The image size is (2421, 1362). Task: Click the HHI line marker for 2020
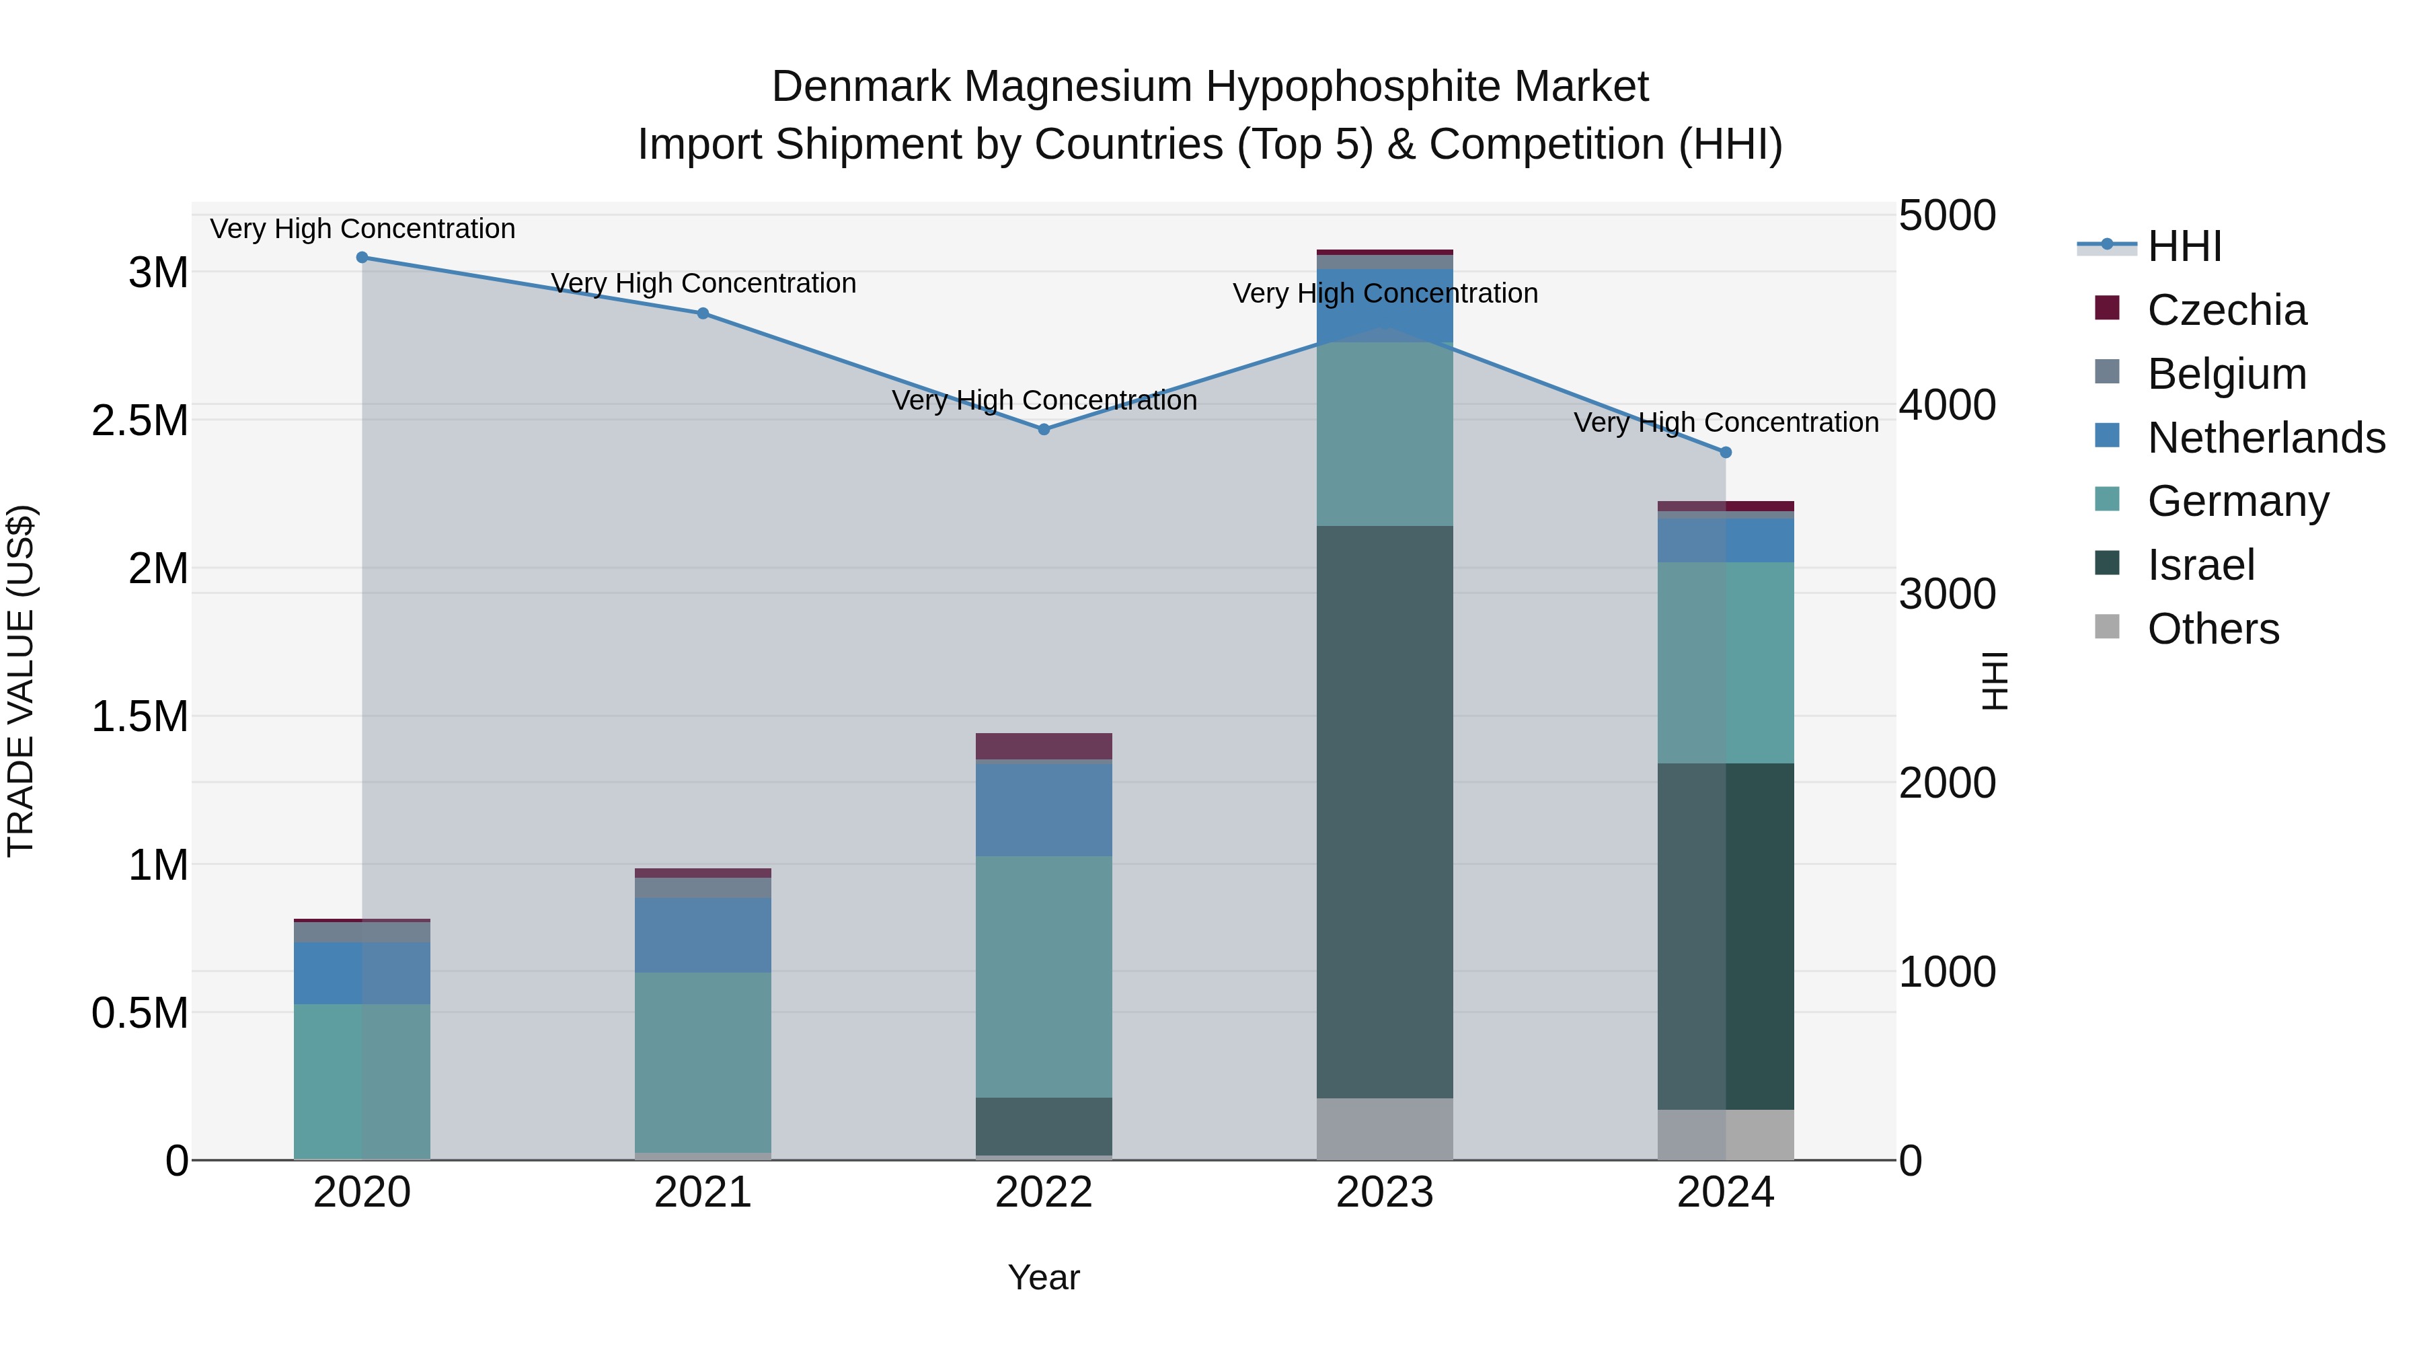coord(362,258)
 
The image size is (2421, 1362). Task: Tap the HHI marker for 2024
coord(1726,452)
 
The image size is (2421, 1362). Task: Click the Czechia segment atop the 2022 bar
coord(1043,745)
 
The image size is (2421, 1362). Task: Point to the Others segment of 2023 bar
coord(1385,1128)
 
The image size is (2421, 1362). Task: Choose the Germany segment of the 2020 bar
coord(362,1081)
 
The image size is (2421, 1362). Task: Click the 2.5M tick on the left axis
coord(139,421)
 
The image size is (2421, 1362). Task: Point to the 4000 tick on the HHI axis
coord(1946,405)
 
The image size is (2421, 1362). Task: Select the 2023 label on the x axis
coord(1385,1193)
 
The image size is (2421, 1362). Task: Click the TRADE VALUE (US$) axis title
coord(21,681)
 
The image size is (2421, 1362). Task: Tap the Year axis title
coord(1043,1277)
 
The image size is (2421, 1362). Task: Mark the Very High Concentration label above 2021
coord(703,283)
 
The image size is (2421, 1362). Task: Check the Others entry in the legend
coord(2213,629)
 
